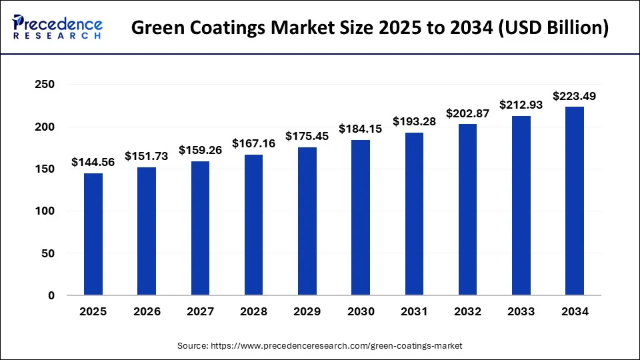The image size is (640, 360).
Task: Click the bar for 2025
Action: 93,234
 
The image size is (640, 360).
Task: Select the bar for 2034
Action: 575,201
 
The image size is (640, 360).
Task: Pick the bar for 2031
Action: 414,213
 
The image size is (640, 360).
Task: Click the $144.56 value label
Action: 93,162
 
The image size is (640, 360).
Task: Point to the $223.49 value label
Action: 575,96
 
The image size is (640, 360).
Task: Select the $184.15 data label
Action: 361,129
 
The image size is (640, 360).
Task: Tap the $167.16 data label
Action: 254,143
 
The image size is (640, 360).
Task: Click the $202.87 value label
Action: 467,113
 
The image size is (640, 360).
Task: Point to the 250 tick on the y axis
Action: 45,85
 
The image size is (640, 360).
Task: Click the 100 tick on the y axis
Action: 45,211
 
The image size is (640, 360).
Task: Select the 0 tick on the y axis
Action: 51,295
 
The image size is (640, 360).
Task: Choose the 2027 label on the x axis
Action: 200,311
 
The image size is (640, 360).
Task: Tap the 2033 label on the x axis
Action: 521,311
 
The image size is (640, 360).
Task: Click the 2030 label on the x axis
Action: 361,311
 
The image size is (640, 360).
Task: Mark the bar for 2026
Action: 147,231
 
